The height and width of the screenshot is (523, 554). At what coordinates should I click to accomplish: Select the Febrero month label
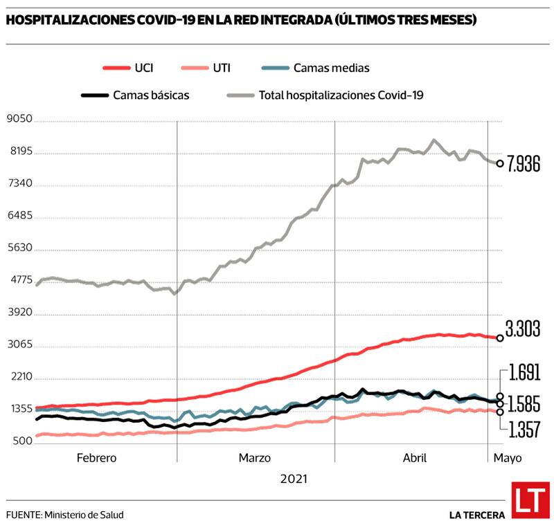click(96, 458)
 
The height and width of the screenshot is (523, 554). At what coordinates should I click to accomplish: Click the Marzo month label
click(255, 458)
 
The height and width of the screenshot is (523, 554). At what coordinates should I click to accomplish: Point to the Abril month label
click(414, 458)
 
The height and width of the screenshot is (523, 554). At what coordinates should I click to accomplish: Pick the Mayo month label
click(507, 458)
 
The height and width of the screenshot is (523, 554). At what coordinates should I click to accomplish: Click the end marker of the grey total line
click(500, 164)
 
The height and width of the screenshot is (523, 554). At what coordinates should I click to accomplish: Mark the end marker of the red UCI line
click(500, 338)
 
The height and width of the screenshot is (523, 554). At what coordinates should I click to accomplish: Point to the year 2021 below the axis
click(294, 479)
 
